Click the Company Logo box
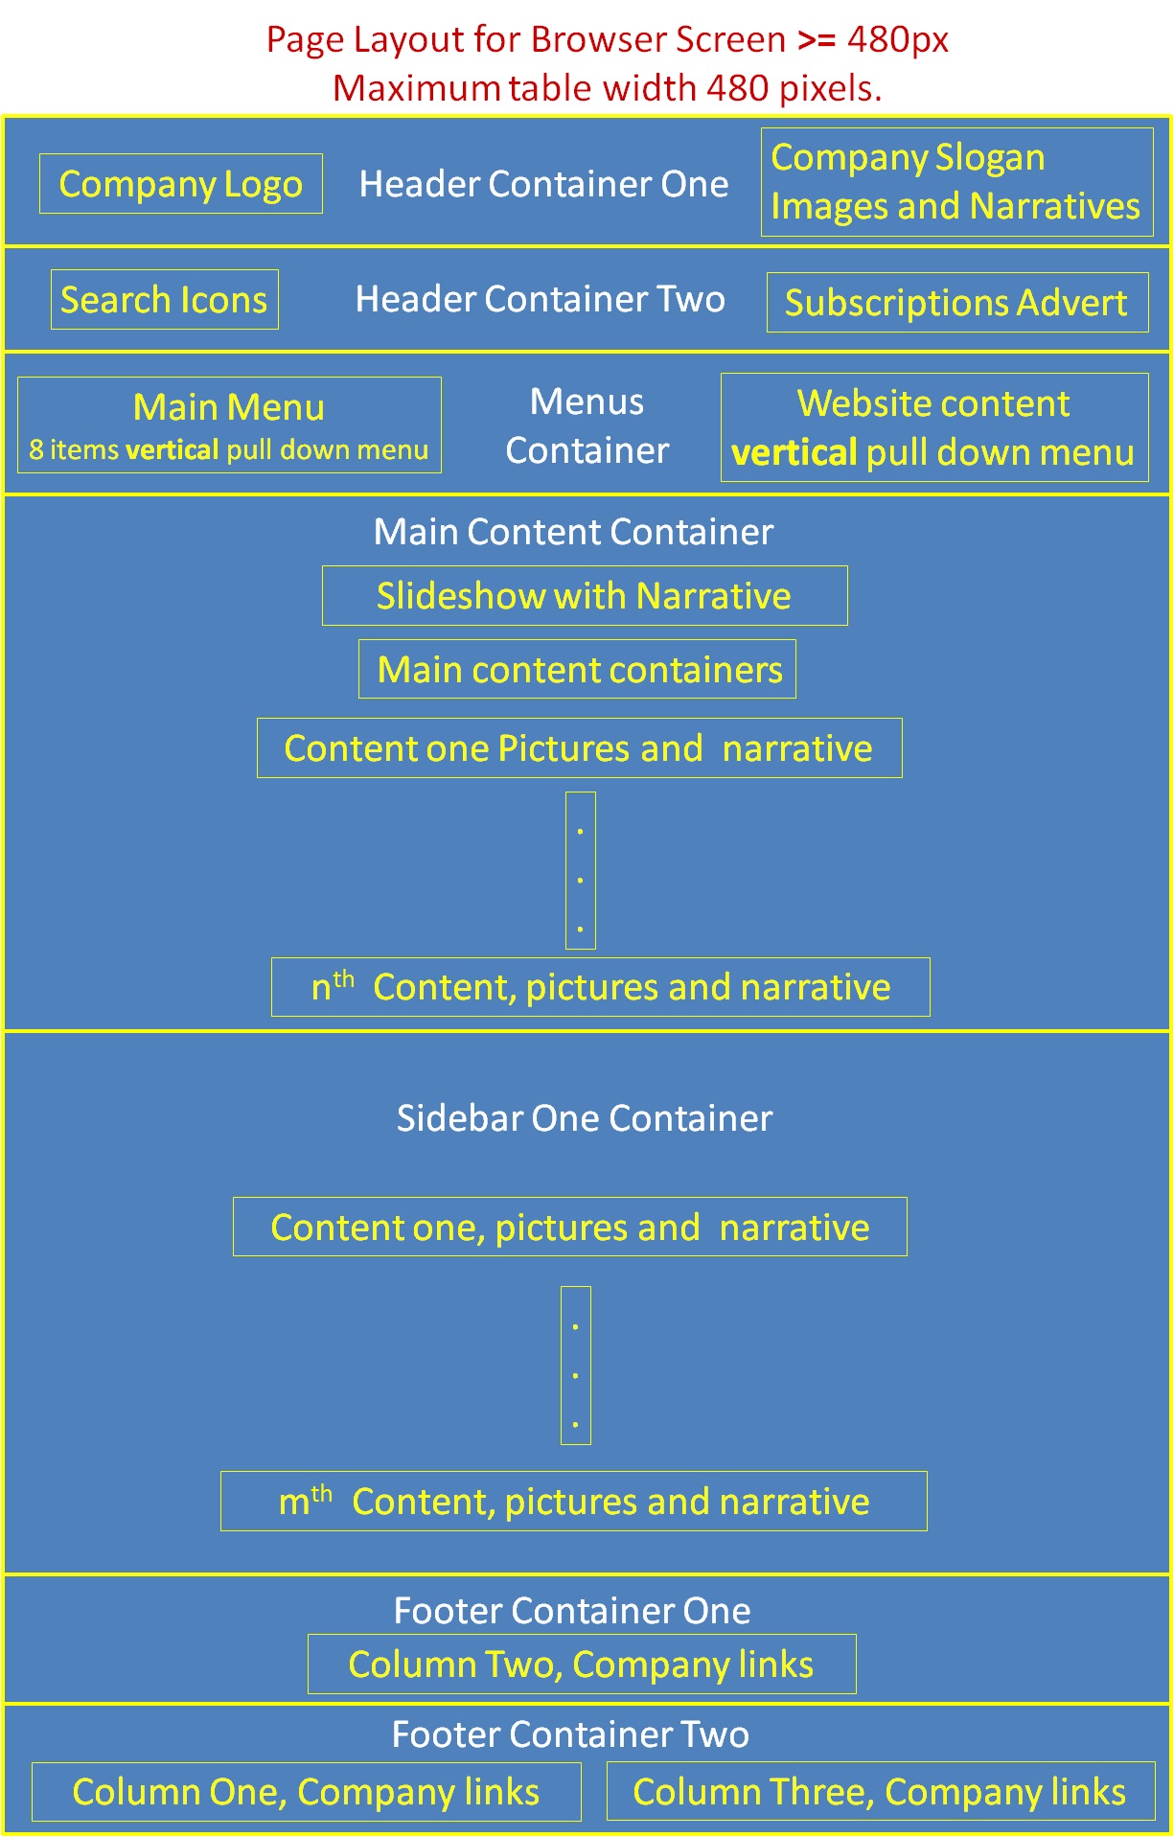point(181,184)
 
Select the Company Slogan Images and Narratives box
point(956,182)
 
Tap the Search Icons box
point(165,300)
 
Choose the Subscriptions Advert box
point(956,303)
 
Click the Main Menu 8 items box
point(229,425)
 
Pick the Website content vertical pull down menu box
point(933,427)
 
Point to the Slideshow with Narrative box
point(585,596)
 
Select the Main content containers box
point(577,669)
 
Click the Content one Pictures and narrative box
point(579,748)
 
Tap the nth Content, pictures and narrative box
point(600,987)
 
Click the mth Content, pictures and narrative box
point(573,1502)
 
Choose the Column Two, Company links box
point(581,1665)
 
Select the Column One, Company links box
point(306,1792)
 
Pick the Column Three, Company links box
point(880,1792)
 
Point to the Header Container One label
point(543,184)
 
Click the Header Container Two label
point(540,299)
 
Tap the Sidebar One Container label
point(585,1118)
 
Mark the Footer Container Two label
point(570,1734)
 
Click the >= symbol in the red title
point(817,40)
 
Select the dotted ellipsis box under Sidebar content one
point(576,1366)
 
